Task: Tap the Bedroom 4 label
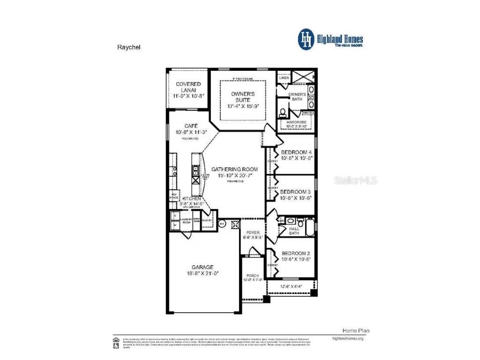click(x=296, y=152)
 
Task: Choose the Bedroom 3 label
click(x=296, y=192)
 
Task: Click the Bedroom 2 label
click(x=296, y=253)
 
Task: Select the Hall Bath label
click(x=294, y=231)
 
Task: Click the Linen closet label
click(x=284, y=78)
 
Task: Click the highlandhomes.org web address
click(x=347, y=338)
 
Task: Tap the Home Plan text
click(x=352, y=330)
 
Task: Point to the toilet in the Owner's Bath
click(x=283, y=112)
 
